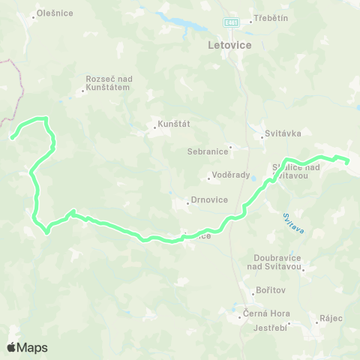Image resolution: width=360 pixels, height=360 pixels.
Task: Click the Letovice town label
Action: point(229,46)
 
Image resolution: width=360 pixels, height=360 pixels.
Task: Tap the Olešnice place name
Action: point(55,13)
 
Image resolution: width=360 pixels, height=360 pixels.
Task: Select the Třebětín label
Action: point(271,18)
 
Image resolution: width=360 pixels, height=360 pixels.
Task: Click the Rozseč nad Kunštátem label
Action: point(108,82)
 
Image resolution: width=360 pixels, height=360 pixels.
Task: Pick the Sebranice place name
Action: point(207,151)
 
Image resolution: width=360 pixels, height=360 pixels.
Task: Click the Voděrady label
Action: point(230,178)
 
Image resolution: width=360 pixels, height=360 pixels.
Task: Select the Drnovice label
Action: point(208,201)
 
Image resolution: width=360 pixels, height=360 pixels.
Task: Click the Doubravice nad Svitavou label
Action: point(277,262)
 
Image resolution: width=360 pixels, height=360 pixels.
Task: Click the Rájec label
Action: point(331,318)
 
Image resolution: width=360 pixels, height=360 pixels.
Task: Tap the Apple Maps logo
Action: point(27,347)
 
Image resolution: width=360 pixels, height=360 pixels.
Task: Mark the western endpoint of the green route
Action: point(13,136)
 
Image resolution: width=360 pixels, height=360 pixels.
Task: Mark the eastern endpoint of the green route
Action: point(347,160)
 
